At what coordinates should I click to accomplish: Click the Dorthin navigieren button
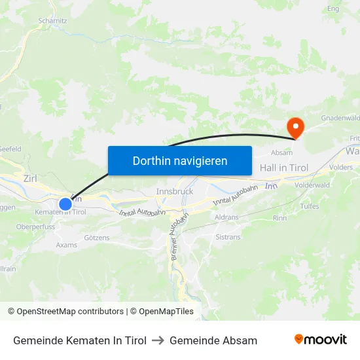180,160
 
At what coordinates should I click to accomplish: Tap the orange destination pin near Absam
295,126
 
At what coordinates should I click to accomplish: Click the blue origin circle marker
65,204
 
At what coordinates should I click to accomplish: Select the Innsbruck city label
175,191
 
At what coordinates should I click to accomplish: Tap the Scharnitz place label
53,21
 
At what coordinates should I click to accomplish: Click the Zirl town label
30,178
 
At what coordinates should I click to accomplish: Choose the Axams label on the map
66,245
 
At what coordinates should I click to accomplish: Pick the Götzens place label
97,238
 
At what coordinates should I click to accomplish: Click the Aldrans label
226,216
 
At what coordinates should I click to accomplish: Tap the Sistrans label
228,238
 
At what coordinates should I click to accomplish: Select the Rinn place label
279,218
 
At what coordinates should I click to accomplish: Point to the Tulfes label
310,206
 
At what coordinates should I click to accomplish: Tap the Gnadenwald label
340,118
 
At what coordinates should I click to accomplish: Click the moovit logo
320,340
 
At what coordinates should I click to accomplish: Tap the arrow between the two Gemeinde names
158,340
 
